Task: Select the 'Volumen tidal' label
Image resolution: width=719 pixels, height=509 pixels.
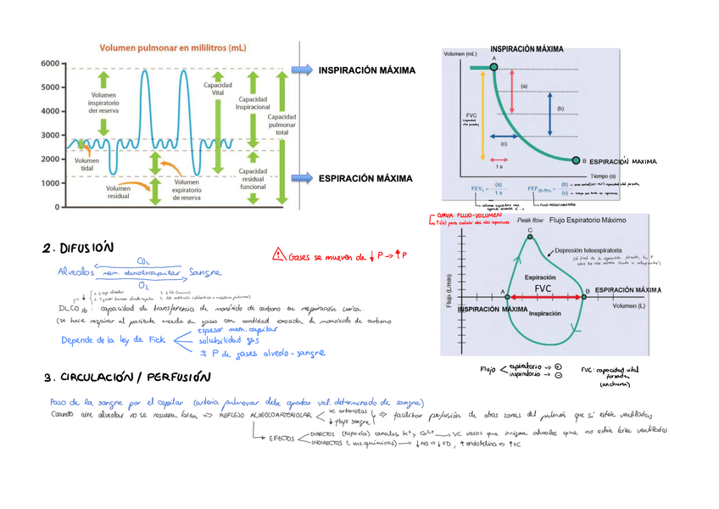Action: (86, 164)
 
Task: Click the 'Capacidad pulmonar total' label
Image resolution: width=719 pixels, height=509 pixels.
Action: (281, 126)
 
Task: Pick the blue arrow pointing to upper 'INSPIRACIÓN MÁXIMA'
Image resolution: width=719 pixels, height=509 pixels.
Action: (300, 70)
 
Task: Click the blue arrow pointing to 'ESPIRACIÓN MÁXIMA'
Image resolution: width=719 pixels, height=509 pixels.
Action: (300, 177)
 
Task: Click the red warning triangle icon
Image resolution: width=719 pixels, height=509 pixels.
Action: (279, 252)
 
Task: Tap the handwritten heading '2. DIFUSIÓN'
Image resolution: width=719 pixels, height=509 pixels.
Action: (77, 249)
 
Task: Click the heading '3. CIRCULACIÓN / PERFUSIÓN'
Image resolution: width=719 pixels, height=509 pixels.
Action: (126, 376)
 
